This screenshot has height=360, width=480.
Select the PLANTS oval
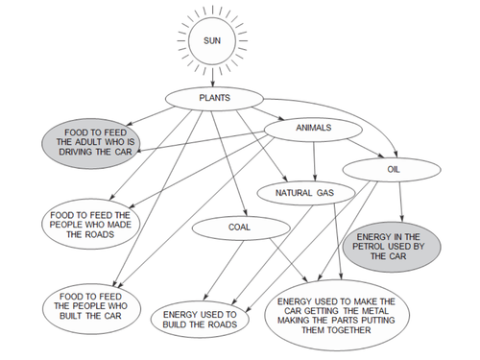(213, 98)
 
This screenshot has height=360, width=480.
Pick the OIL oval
(392, 169)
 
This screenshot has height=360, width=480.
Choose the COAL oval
(239, 228)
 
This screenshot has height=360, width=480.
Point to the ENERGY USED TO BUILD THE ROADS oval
(206, 318)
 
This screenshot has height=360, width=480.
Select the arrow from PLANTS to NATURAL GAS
(253, 145)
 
